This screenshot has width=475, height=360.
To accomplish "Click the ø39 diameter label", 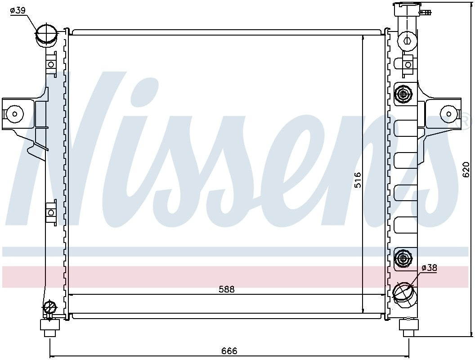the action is [x=18, y=11].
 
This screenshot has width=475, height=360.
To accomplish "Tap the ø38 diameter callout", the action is [x=429, y=268].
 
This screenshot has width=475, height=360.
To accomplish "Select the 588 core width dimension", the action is [x=227, y=289].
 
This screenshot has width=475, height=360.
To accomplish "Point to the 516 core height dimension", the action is [x=358, y=180].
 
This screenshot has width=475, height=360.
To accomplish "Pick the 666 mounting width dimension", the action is [x=229, y=351].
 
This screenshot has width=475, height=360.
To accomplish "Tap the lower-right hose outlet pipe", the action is [x=404, y=292].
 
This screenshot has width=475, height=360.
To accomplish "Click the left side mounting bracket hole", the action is [x=14, y=114].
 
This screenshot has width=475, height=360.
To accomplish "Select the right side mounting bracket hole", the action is [x=448, y=114].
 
